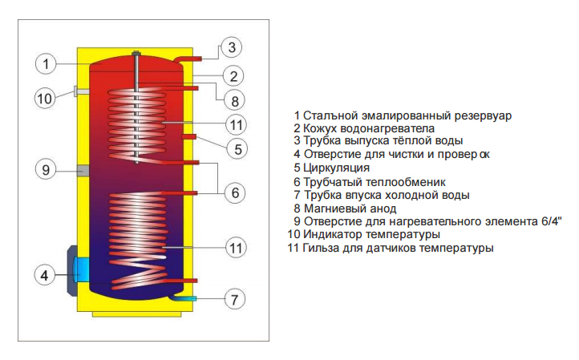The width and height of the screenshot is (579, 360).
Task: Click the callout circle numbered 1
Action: point(46,64)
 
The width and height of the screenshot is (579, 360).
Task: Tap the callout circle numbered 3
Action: point(232,47)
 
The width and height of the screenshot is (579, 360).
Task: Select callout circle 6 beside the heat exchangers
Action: point(235,192)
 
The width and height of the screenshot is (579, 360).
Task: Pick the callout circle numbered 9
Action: point(46,170)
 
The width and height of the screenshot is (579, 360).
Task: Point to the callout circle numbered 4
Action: point(44,275)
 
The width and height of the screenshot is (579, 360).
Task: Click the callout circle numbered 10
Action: point(45,99)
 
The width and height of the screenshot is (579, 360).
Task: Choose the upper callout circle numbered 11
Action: point(236,125)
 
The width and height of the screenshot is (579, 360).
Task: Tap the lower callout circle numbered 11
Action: point(236,248)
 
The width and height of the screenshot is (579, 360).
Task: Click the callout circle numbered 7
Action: point(234,299)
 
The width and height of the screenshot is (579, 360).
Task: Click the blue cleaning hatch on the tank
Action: point(81,269)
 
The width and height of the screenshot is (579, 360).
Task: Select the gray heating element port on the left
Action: point(83,171)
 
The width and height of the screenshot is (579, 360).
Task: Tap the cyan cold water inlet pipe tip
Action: point(192,298)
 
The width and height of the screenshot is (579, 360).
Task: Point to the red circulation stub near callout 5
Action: point(189,137)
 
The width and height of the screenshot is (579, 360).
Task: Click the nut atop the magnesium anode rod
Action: point(136,54)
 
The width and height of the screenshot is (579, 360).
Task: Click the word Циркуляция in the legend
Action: point(336,168)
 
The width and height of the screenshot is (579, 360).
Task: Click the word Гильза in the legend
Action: point(322,248)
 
